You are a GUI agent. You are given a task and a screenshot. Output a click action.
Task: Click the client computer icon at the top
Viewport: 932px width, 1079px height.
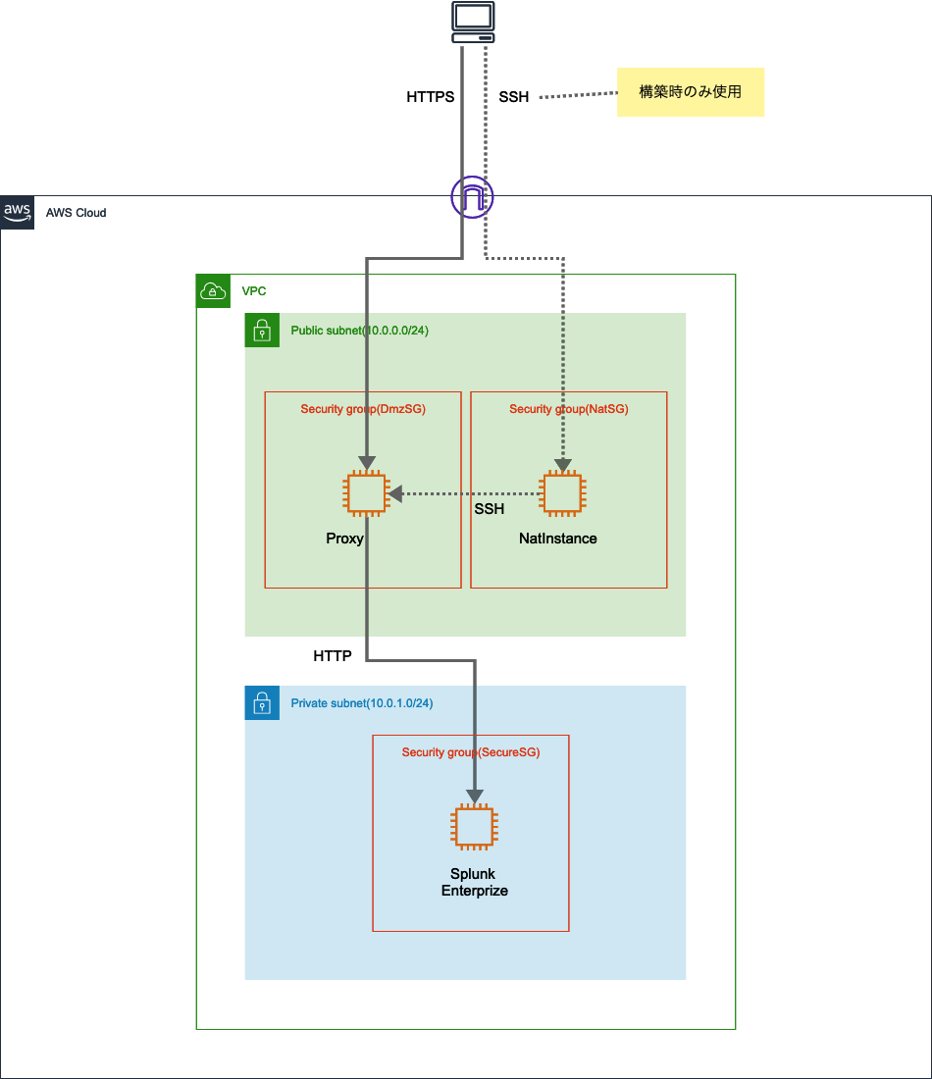coord(473,23)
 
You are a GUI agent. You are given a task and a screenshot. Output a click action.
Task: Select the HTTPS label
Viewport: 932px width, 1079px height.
coord(430,97)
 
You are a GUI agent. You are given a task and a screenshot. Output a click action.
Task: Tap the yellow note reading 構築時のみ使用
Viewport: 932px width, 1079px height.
coord(690,92)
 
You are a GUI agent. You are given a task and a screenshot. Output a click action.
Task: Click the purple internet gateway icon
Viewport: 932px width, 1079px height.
coord(472,197)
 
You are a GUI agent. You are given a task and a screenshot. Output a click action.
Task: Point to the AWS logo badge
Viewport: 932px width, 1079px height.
coord(18,212)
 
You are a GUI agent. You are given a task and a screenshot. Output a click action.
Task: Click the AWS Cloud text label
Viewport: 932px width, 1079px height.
coord(77,213)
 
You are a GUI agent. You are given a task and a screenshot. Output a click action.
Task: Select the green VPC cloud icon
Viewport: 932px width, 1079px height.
coord(213,291)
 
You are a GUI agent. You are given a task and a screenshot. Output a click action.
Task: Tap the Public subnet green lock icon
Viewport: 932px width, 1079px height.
coord(262,331)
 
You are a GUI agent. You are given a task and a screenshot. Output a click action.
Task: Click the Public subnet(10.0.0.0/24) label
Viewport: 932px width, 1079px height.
coord(359,331)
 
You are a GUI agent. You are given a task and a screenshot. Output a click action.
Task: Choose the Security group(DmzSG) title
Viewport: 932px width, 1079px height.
coord(363,408)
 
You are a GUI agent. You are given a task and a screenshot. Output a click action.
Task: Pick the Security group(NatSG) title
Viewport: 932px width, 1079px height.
coord(568,408)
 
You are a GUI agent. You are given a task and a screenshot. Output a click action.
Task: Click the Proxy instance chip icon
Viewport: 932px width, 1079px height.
coord(366,493)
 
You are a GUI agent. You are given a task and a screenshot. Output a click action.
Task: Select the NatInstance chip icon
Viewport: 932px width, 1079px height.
coord(562,493)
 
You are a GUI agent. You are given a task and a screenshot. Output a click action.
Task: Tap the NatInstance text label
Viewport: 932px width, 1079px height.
coord(557,539)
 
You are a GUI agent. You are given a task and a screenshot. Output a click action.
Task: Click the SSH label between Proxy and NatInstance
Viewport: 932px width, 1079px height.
coord(489,509)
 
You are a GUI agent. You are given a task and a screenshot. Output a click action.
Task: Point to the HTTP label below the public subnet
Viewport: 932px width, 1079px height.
coord(333,656)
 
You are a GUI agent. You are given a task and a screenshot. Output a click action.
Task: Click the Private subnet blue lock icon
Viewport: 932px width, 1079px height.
coord(262,703)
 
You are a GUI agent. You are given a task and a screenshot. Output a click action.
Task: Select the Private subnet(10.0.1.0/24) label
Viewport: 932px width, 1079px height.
coord(362,703)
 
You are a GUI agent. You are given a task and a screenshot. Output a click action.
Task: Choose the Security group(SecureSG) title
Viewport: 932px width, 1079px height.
coord(471,752)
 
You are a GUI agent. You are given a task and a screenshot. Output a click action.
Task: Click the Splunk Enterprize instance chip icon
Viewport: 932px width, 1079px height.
coord(474,827)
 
